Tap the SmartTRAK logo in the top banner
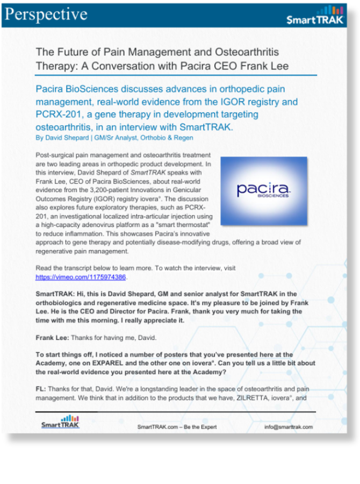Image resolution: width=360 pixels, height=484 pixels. (315, 16)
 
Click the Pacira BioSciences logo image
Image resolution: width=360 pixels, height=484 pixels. (264, 190)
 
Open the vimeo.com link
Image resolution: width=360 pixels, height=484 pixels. (81, 277)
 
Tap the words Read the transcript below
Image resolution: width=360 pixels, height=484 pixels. (70, 268)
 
